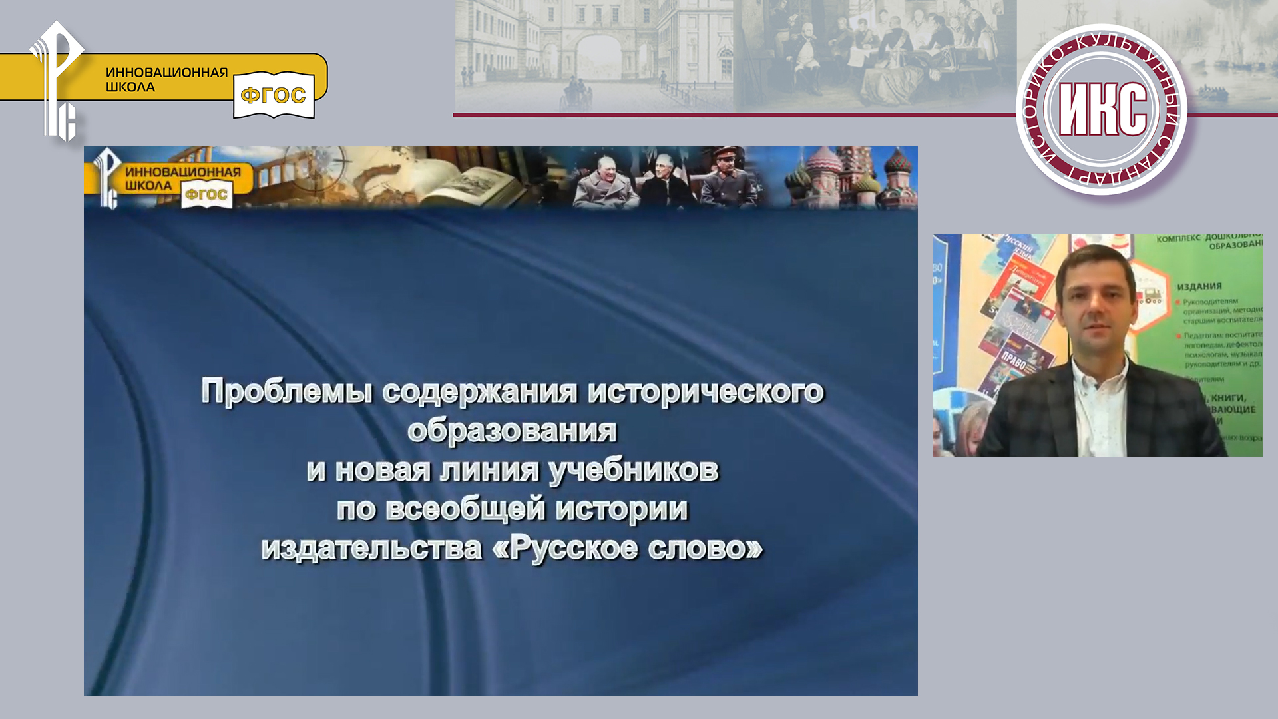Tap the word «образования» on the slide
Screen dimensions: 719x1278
pyautogui.click(x=512, y=431)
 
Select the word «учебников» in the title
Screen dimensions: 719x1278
pyautogui.click(x=634, y=470)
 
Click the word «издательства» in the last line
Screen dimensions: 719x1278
pyautogui.click(x=371, y=549)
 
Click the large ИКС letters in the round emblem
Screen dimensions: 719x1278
pyautogui.click(x=1102, y=111)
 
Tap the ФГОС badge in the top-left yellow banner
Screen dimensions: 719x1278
pyautogui.click(x=274, y=95)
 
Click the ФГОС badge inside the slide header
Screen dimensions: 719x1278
pyautogui.click(x=206, y=194)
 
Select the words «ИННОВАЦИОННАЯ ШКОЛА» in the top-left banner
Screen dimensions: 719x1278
pyautogui.click(x=166, y=79)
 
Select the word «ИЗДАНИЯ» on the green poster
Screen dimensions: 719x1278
pyautogui.click(x=1199, y=286)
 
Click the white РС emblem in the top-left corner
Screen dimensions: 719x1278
pyautogui.click(x=57, y=80)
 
